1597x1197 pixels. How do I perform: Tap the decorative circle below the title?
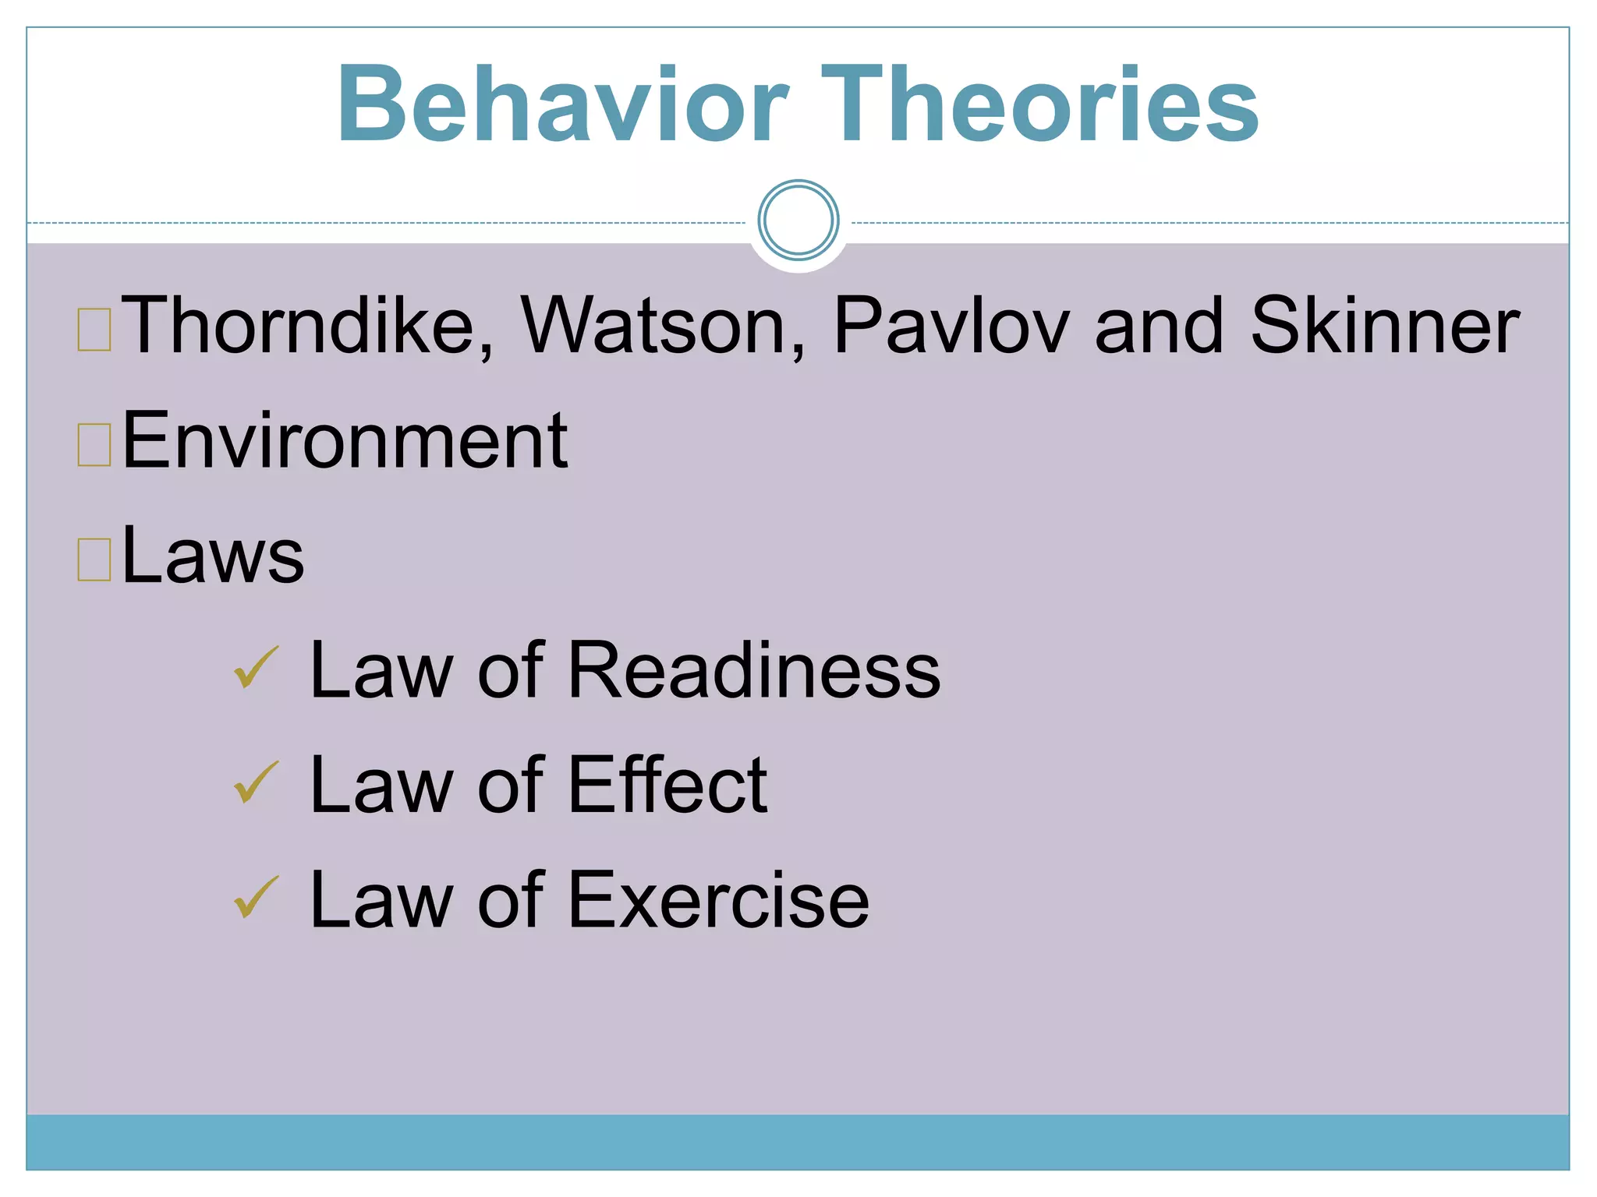click(798, 220)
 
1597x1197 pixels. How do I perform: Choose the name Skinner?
click(1384, 326)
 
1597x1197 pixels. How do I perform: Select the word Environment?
click(345, 441)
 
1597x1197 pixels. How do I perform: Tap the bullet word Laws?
click(213, 555)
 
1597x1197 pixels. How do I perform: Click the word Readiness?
click(754, 670)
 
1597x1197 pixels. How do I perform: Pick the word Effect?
click(667, 785)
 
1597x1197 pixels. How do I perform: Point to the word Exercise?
click(718, 900)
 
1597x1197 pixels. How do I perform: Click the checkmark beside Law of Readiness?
click(256, 667)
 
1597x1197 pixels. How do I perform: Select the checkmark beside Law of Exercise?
click(256, 897)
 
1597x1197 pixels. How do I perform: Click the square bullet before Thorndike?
click(94, 330)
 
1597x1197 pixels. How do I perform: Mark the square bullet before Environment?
click(94, 444)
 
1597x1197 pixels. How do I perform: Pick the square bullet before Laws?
click(94, 559)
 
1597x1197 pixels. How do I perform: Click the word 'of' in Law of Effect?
click(511, 785)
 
